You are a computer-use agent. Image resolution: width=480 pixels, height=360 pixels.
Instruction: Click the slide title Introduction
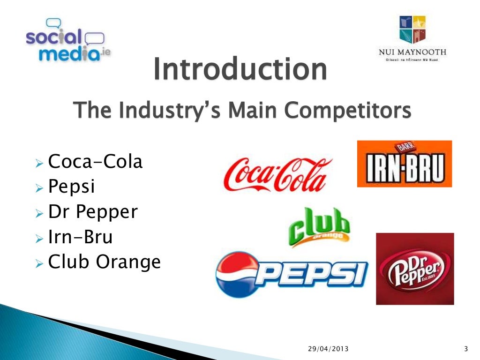(240, 69)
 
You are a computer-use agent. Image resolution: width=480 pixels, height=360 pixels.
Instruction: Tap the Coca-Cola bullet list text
(95, 162)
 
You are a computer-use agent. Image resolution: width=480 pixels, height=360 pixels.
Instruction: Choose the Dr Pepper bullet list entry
(93, 212)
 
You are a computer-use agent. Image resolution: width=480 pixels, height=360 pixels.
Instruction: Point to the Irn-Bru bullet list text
(80, 237)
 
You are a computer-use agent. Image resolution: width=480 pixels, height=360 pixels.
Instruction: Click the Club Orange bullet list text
(104, 262)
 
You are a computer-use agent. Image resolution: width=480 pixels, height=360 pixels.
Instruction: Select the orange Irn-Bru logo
(404, 164)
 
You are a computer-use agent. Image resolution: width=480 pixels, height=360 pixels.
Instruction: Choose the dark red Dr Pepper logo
(414, 269)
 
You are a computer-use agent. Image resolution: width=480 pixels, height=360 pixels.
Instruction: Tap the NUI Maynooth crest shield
(412, 29)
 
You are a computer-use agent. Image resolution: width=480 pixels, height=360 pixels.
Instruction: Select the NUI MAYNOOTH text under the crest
(412, 52)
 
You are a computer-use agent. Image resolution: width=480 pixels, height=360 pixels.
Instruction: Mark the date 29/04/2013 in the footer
(328, 348)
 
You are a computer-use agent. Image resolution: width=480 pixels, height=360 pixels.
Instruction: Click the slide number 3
(465, 348)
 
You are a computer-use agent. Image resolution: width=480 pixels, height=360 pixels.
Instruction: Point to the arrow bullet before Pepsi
(39, 188)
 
